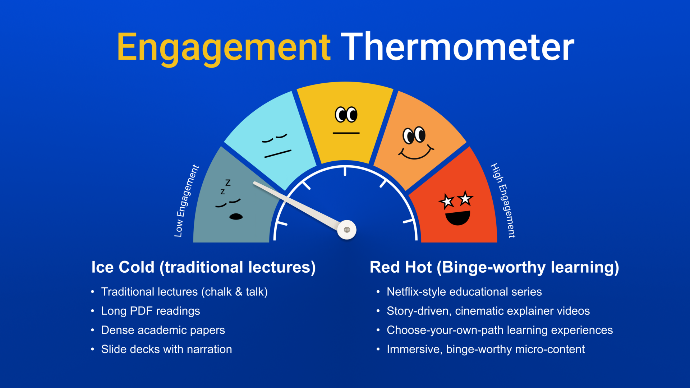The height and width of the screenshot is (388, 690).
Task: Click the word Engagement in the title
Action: click(224, 48)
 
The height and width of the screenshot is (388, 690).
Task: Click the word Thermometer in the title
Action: click(457, 46)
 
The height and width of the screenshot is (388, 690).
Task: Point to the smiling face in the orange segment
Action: click(415, 143)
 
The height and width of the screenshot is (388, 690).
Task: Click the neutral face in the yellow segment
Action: click(346, 120)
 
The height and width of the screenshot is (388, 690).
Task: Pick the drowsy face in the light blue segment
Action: click(276, 146)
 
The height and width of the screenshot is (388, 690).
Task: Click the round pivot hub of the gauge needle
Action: click(347, 230)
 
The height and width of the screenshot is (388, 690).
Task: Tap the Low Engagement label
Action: click(186, 201)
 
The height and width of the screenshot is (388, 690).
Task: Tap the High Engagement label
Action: click(503, 200)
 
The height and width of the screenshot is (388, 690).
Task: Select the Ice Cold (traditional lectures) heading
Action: click(203, 268)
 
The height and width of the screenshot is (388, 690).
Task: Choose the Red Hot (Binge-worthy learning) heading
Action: click(494, 268)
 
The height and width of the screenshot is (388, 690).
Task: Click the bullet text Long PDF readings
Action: click(151, 311)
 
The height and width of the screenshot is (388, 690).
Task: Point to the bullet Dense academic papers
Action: click(163, 330)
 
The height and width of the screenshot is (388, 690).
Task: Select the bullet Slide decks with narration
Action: click(166, 349)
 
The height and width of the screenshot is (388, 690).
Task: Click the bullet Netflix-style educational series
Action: click(464, 292)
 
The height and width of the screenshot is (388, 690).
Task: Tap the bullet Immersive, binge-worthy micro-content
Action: click(486, 349)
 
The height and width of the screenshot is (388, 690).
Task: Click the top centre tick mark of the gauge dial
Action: click(345, 171)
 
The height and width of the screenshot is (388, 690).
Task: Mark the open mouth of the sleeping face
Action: click(236, 217)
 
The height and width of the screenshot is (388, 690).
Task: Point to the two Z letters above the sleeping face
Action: click(225, 187)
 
